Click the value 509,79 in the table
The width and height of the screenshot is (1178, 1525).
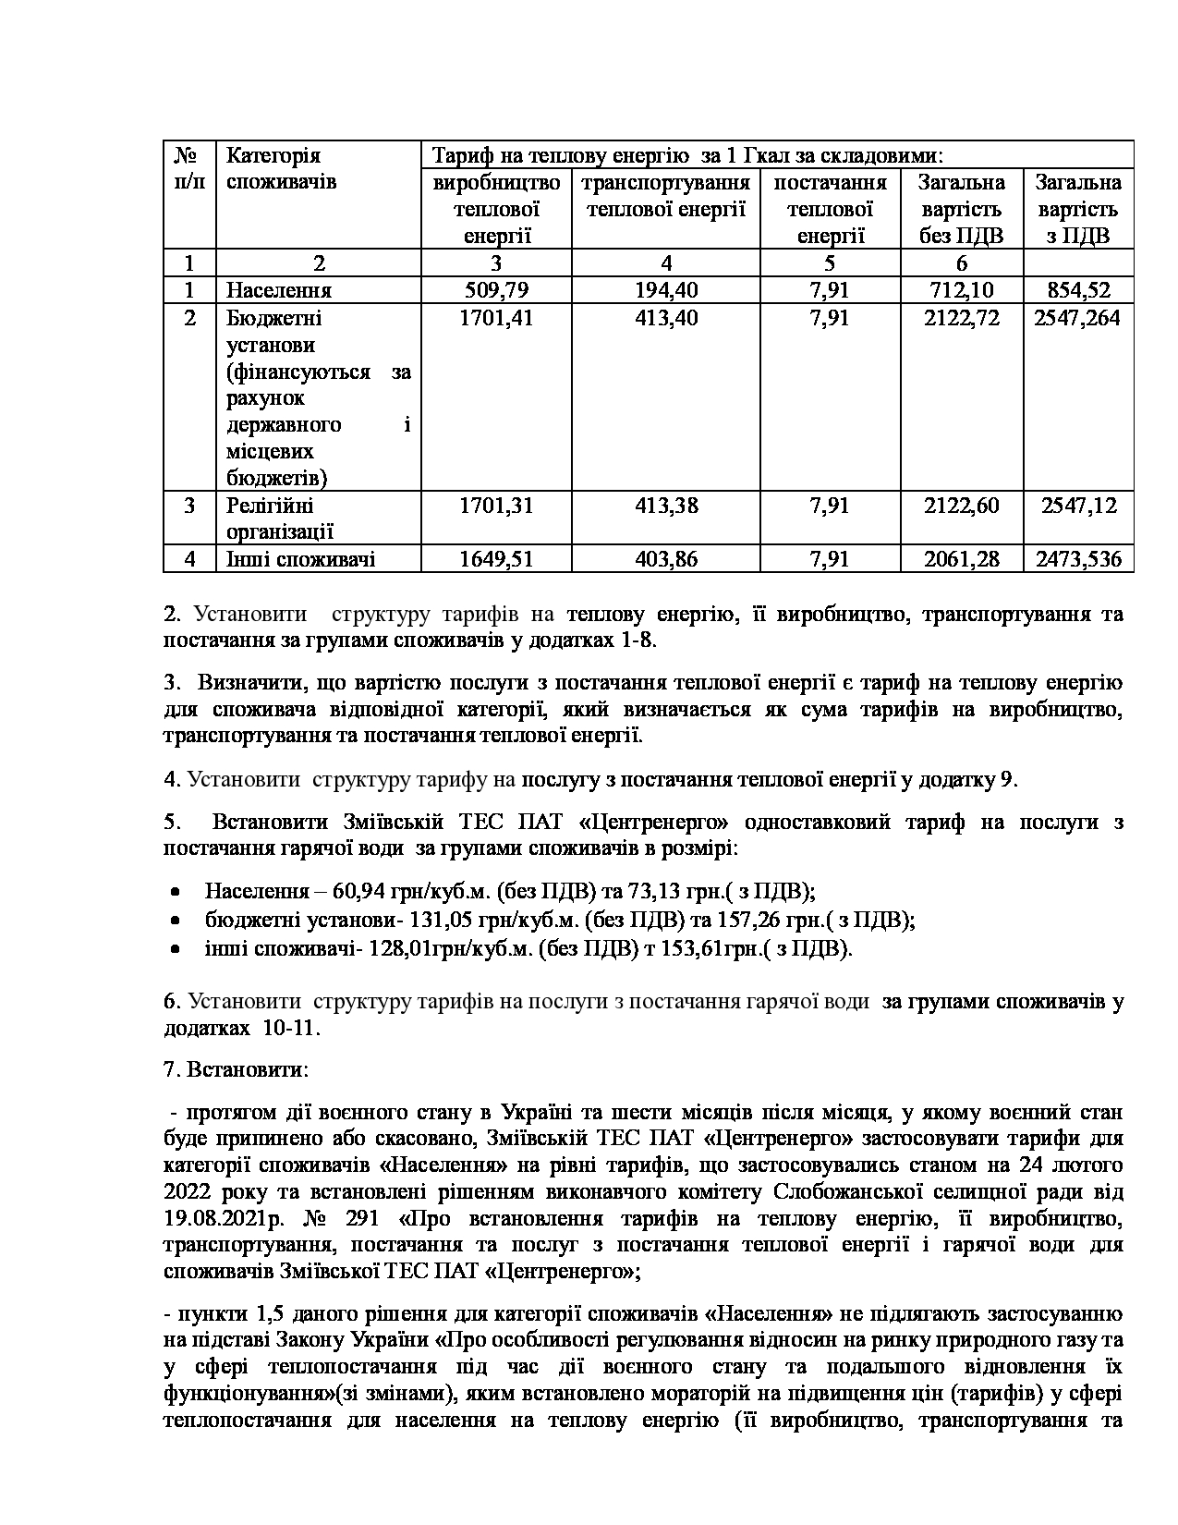(x=496, y=290)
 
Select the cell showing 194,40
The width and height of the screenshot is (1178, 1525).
(x=666, y=290)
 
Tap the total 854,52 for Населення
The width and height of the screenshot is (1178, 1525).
(x=1078, y=290)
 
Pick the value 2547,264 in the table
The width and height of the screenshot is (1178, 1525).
(x=1078, y=318)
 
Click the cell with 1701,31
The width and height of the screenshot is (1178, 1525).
(x=496, y=506)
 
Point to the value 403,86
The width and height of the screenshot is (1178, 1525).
(x=666, y=558)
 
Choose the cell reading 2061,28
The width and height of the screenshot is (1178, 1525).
(x=961, y=558)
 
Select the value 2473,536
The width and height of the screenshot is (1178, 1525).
(x=1078, y=558)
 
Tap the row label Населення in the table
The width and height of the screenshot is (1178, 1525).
(x=279, y=290)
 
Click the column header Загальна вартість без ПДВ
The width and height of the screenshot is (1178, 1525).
(x=961, y=209)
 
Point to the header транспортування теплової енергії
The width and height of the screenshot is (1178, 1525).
(x=666, y=195)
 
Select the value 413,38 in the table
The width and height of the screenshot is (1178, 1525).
(x=666, y=506)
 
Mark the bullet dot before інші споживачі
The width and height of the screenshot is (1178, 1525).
(x=175, y=950)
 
